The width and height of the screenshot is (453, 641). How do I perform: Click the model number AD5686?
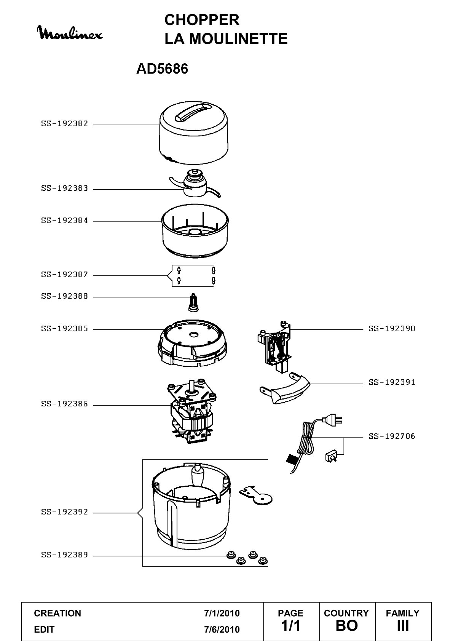point(162,69)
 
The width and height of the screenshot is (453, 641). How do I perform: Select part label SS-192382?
point(64,124)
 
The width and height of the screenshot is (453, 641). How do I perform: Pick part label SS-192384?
point(64,221)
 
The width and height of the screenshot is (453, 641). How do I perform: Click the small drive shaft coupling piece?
point(194,302)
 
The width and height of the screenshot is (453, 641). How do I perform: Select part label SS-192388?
point(64,296)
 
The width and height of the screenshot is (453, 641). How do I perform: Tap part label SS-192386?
point(64,404)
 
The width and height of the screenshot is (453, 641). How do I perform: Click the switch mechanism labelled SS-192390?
point(274,347)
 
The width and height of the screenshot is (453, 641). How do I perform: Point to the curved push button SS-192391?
point(285,388)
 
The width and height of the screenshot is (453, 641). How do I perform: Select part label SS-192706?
point(391,436)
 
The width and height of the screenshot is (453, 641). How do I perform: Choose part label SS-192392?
point(64,512)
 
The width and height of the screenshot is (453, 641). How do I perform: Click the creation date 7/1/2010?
point(222,613)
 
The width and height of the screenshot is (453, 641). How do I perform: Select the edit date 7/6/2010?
point(222,630)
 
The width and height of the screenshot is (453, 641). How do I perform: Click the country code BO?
point(347,626)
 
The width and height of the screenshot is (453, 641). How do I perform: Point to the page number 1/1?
point(290,626)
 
